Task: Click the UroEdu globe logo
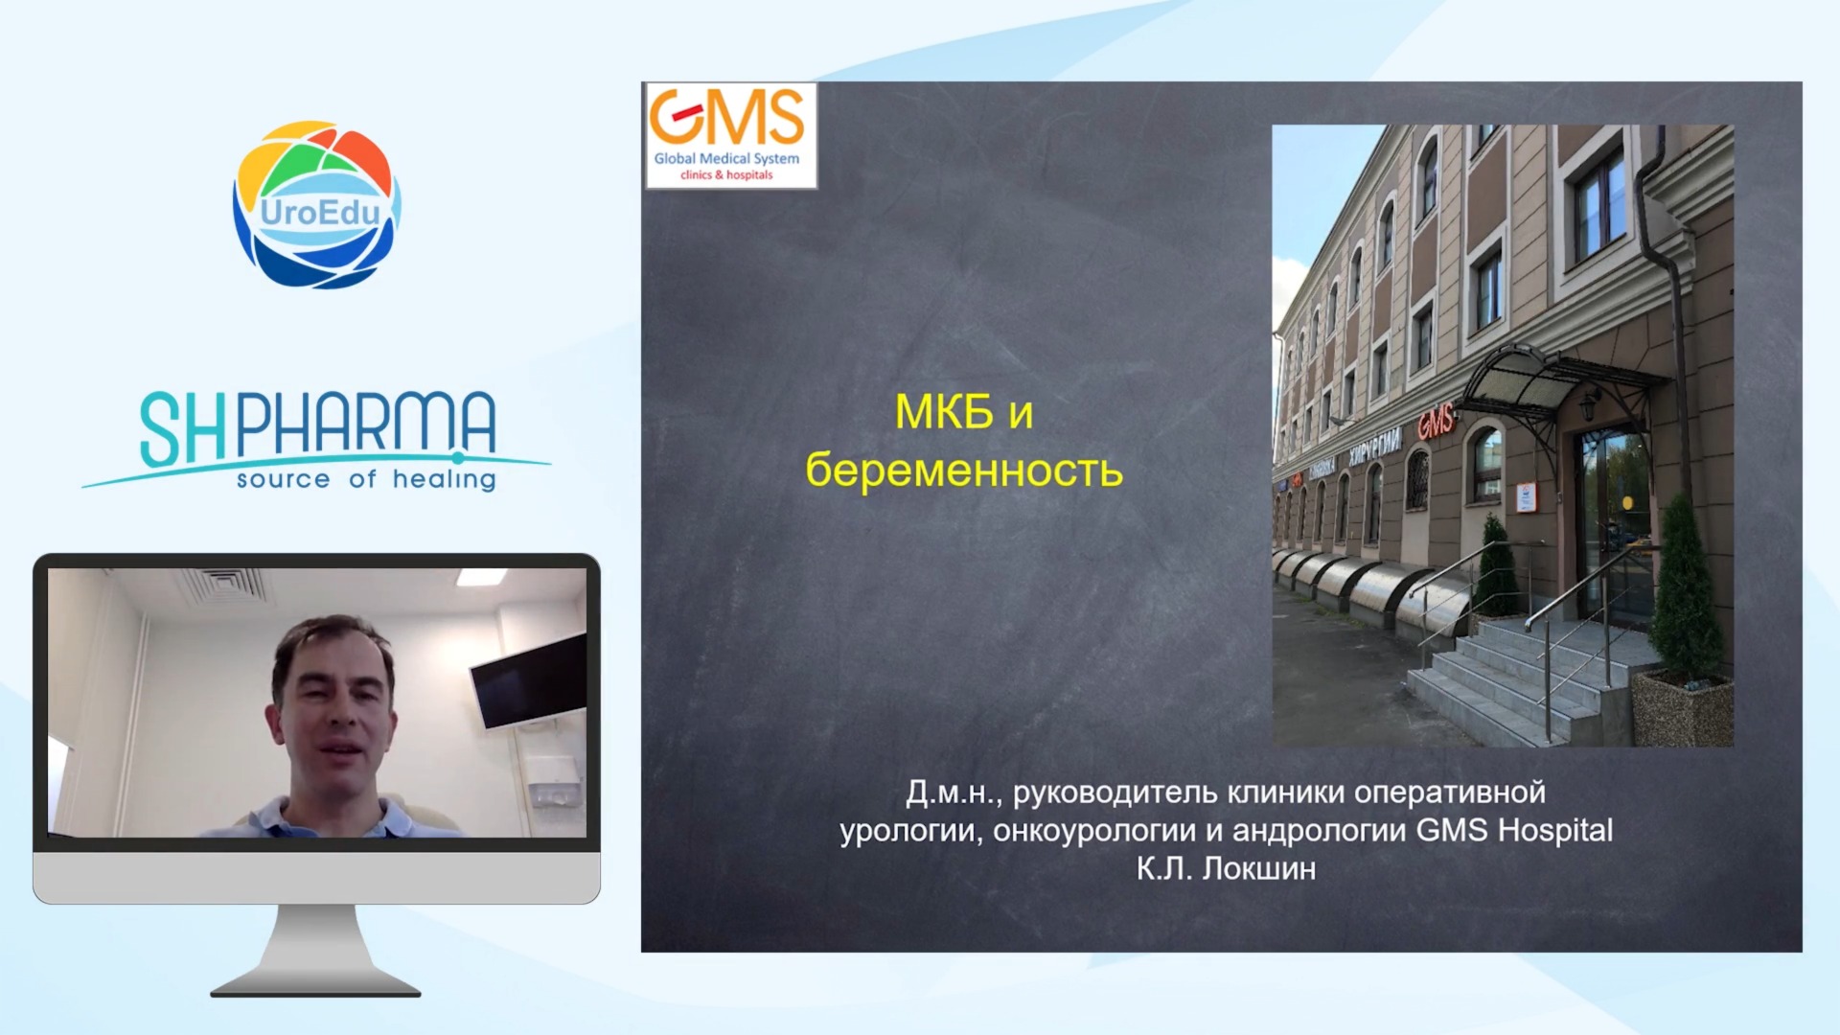[316, 204]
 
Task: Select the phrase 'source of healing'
[366, 479]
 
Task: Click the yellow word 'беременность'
[964, 471]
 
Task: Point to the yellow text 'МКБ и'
[964, 413]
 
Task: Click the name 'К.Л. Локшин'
[1226, 868]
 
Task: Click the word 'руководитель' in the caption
[1115, 793]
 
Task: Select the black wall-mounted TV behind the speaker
[527, 680]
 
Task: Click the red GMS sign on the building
[1435, 421]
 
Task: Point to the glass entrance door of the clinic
[1614, 522]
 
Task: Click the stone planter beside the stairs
[1682, 708]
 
